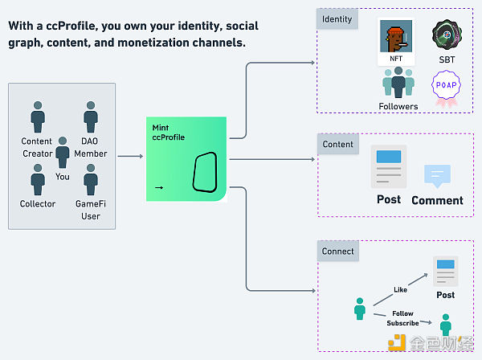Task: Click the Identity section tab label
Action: coord(337,18)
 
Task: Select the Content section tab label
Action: coord(338,145)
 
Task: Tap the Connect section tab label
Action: coord(337,251)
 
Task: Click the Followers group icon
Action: coord(398,82)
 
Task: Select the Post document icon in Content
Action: coord(389,166)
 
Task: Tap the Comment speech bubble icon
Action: coord(437,175)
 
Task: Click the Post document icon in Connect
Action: coord(445,271)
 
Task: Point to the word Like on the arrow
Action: coord(400,289)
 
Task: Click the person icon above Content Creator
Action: coord(38,117)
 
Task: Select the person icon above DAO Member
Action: coord(91,117)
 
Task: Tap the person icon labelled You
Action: coord(63,151)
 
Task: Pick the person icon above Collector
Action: coord(38,178)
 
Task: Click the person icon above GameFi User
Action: coord(91,178)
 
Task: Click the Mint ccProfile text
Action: coord(169,133)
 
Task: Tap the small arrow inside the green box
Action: coord(158,188)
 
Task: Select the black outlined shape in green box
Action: coord(206,171)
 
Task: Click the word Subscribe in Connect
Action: coord(402,323)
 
